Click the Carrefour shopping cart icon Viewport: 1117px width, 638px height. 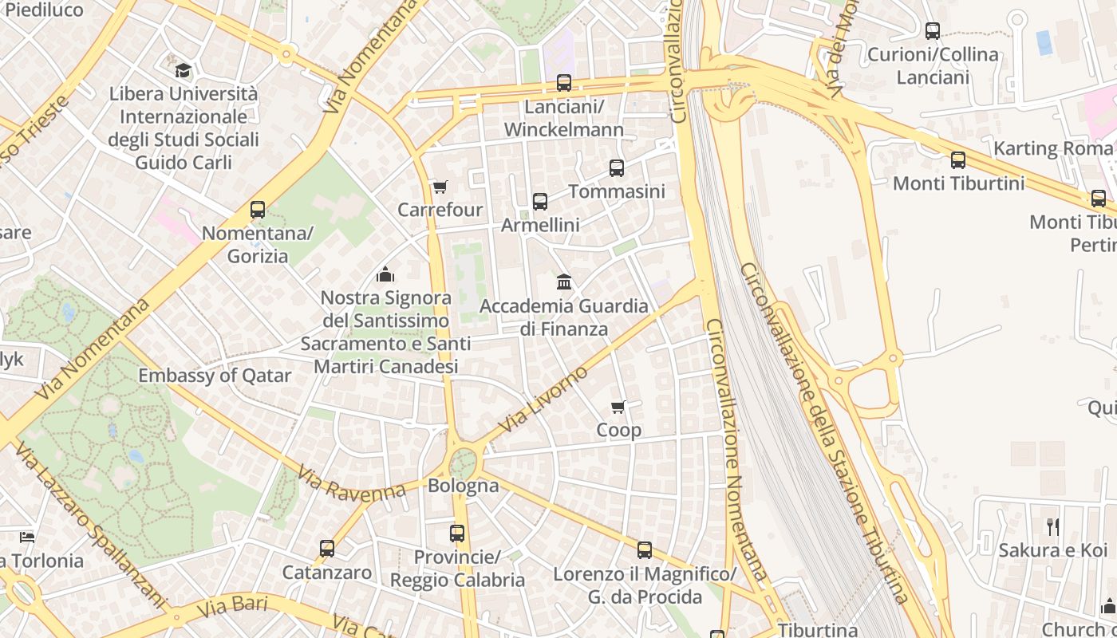[440, 187]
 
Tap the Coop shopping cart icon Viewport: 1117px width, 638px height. [618, 408]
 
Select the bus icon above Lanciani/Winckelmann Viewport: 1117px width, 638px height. [564, 83]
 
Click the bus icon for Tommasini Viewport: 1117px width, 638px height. [617, 168]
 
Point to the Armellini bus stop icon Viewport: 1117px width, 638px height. [540, 202]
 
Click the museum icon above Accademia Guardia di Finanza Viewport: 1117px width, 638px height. [564, 282]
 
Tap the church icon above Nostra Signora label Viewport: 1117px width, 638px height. [385, 274]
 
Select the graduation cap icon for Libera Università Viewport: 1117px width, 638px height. [184, 70]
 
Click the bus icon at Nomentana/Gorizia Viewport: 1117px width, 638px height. [258, 210]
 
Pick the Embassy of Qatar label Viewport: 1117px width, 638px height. [215, 376]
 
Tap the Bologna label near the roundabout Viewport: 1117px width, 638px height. [464, 485]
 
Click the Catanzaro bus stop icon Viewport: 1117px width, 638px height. [327, 549]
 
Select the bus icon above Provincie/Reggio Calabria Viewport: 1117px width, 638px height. [457, 533]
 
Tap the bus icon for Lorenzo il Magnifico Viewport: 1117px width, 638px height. [645, 550]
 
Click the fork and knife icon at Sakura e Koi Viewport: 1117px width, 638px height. [1053, 526]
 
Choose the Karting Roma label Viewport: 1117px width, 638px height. [1052, 148]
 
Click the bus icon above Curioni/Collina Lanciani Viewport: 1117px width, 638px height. [933, 31]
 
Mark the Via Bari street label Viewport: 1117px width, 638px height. [231, 606]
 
